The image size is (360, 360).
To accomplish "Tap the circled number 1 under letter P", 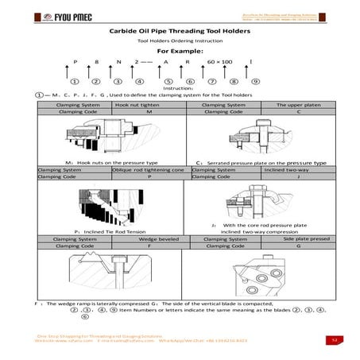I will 75,81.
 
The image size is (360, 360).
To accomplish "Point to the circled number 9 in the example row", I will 254,81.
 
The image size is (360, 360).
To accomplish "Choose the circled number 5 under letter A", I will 168,81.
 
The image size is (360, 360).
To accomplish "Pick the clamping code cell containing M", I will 149,112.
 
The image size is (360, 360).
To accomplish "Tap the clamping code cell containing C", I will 297,112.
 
